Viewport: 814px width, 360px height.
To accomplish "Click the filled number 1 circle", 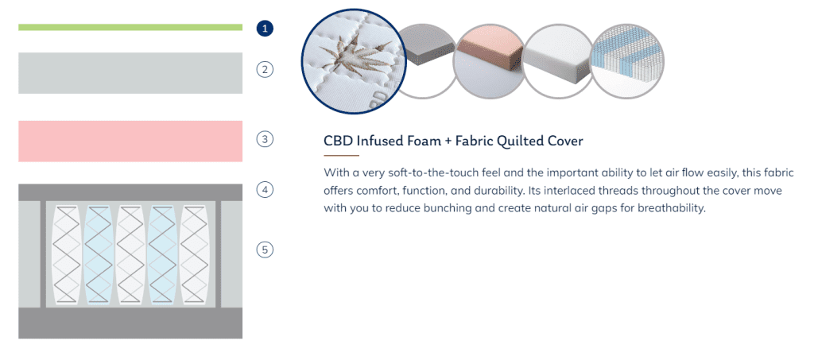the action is pyautogui.click(x=265, y=28).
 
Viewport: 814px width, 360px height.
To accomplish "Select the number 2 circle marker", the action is pyautogui.click(x=265, y=69).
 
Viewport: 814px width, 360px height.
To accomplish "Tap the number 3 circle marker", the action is pyautogui.click(x=265, y=139).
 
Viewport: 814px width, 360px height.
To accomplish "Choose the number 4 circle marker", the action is pyautogui.click(x=265, y=189).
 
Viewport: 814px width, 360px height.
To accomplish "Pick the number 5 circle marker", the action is pyautogui.click(x=265, y=250).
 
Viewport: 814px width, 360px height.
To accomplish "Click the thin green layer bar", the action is pyautogui.click(x=130, y=27).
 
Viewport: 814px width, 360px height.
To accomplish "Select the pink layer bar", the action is pyautogui.click(x=130, y=141).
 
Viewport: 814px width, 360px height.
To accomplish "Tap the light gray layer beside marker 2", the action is pyautogui.click(x=130, y=73).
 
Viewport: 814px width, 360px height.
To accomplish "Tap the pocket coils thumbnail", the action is pyautogui.click(x=628, y=60).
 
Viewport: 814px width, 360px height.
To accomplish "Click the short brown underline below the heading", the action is pyautogui.click(x=341, y=155).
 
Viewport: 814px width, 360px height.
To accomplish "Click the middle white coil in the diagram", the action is pyautogui.click(x=130, y=254).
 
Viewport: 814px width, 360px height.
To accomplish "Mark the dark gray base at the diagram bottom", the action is pyautogui.click(x=130, y=323).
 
